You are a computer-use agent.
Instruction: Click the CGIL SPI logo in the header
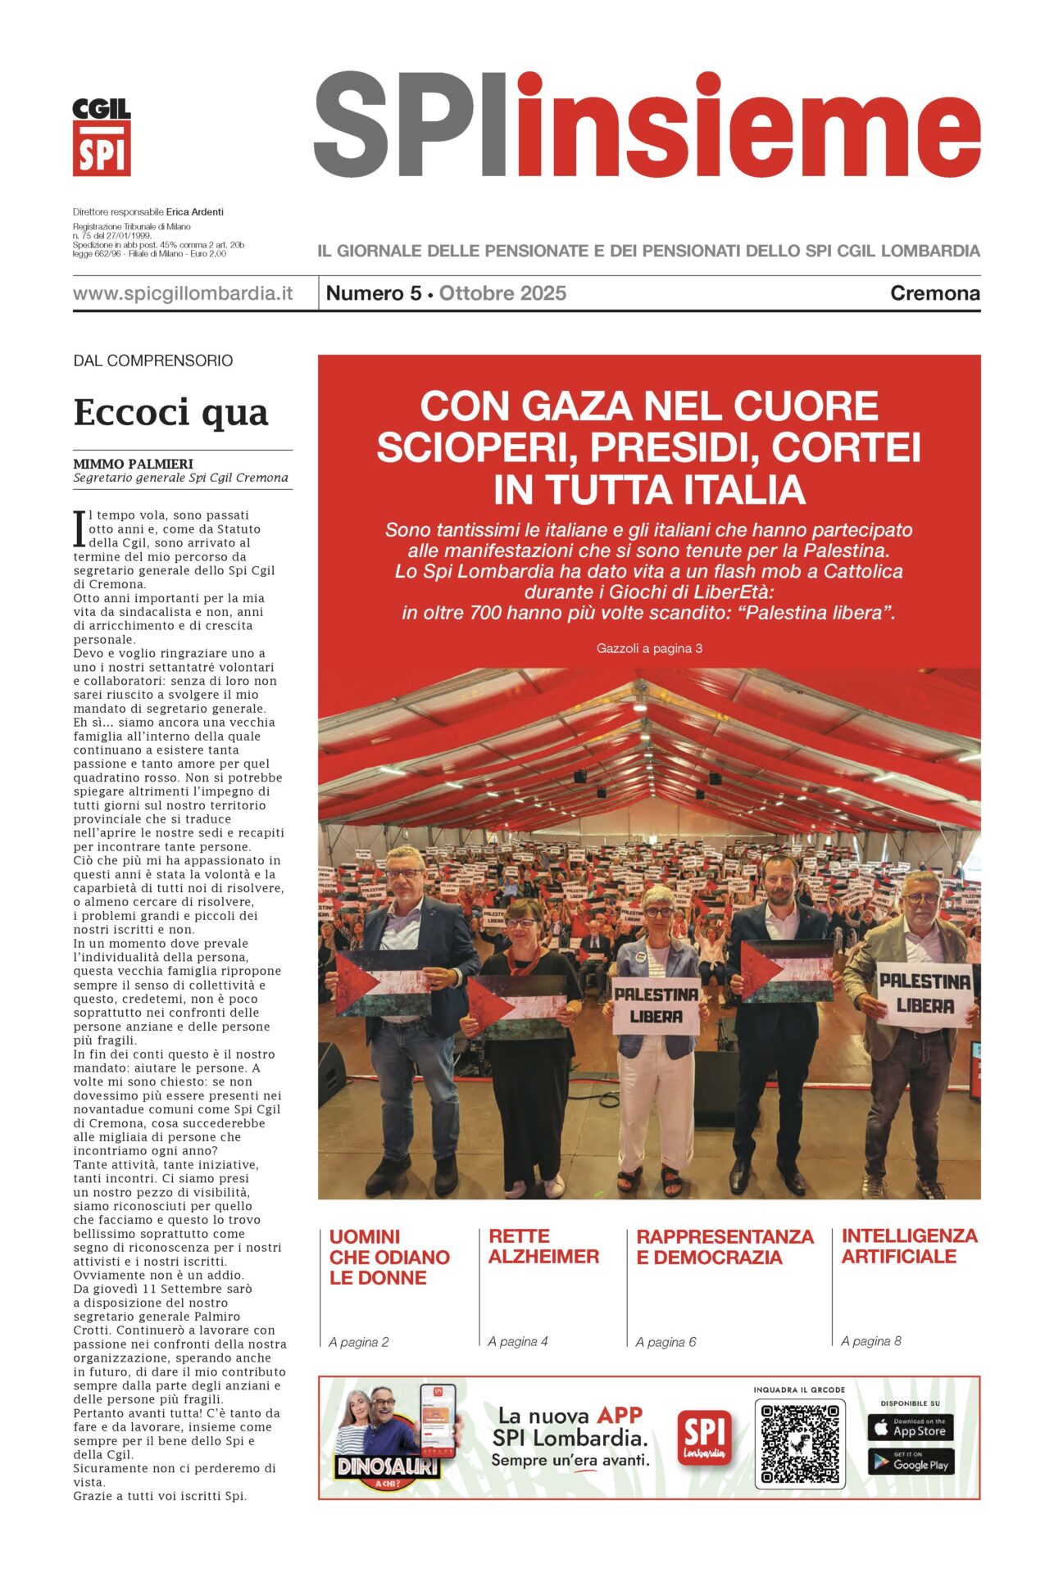pyautogui.click(x=102, y=137)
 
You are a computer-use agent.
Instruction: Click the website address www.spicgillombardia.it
pyautogui.click(x=183, y=293)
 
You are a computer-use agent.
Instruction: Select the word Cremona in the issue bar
pyautogui.click(x=934, y=293)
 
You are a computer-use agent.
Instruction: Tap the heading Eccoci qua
pyautogui.click(x=170, y=412)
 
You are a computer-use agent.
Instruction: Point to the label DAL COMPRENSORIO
pyautogui.click(x=153, y=360)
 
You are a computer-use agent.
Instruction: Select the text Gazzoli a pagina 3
pyautogui.click(x=649, y=648)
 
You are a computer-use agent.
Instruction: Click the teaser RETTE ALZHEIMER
pyautogui.click(x=543, y=1246)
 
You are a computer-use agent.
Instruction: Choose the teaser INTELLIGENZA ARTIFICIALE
pyautogui.click(x=909, y=1246)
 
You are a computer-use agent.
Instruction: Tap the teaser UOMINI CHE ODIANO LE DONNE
pyautogui.click(x=389, y=1257)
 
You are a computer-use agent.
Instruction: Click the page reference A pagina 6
pyautogui.click(x=666, y=1342)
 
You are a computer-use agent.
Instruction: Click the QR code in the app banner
pyautogui.click(x=800, y=1444)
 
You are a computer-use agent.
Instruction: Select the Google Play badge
pyautogui.click(x=910, y=1462)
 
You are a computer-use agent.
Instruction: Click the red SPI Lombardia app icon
pyautogui.click(x=704, y=1439)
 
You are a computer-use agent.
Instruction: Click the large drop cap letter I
pyautogui.click(x=80, y=528)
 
